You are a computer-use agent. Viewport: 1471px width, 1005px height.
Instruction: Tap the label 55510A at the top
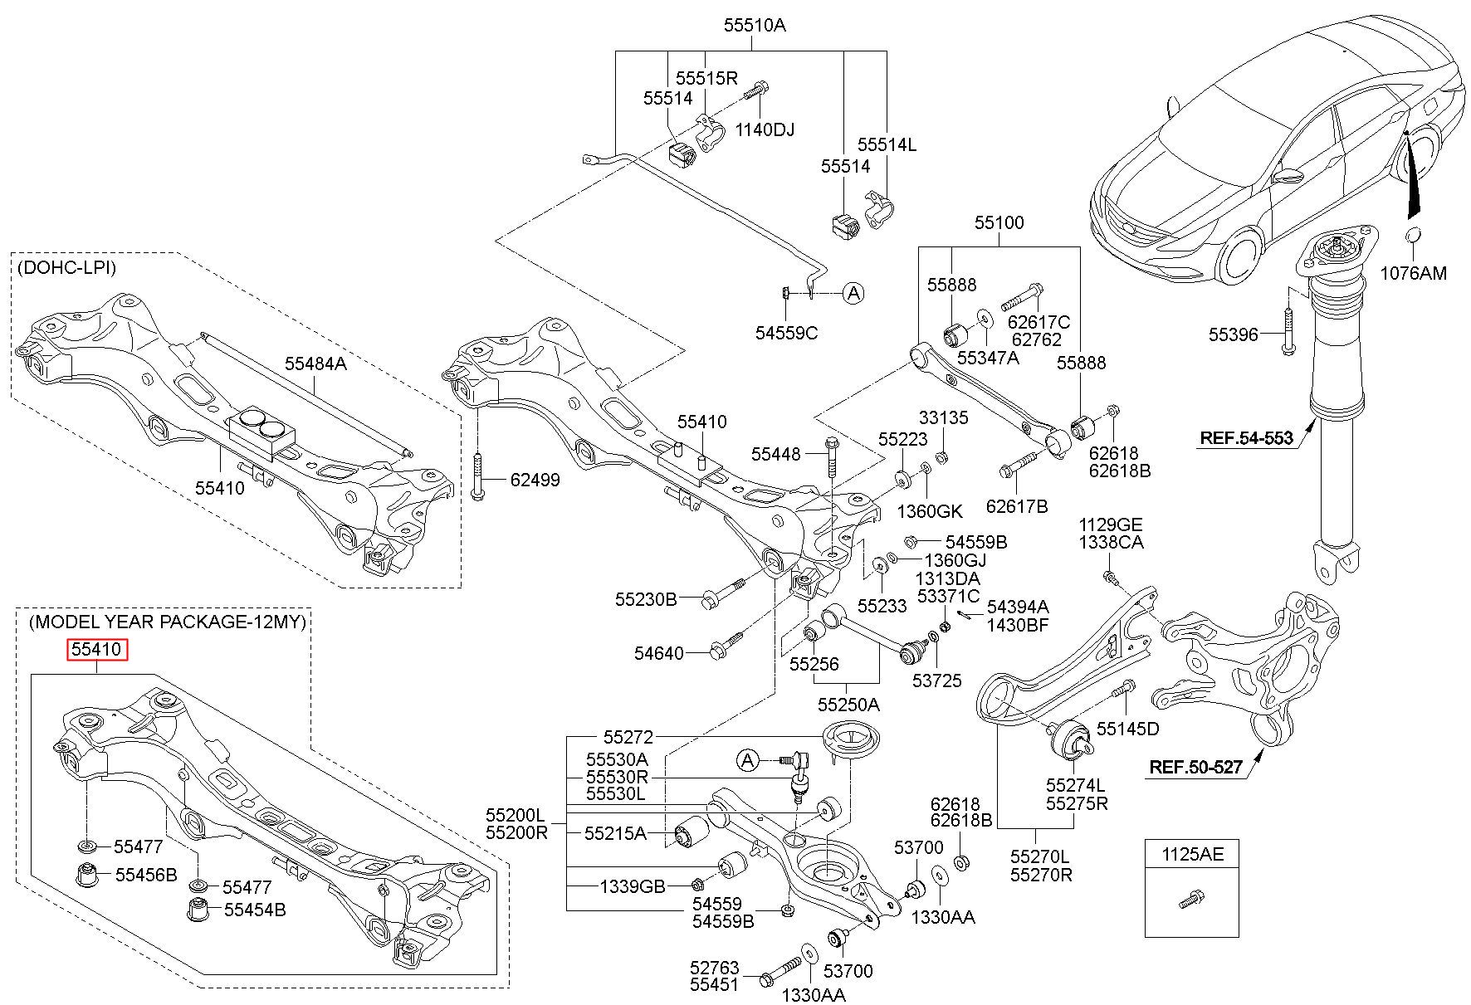point(754,26)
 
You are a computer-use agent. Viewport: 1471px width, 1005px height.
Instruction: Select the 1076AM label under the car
point(1414,273)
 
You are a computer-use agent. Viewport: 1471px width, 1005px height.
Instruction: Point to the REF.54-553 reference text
point(1246,438)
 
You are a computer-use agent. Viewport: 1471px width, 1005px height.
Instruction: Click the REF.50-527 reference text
point(1195,768)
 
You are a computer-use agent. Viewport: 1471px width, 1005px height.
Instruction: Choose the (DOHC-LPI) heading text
point(66,268)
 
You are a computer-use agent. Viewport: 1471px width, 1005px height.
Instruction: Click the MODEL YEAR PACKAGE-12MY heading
point(168,622)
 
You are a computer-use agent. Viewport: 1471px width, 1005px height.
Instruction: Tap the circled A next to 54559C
point(853,292)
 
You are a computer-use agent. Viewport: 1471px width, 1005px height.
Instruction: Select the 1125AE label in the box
point(1192,854)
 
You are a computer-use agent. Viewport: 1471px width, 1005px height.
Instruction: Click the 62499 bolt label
point(535,480)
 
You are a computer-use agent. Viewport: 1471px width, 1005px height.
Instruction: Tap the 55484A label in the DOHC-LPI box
point(315,363)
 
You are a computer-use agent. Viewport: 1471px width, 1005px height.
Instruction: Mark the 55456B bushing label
point(146,875)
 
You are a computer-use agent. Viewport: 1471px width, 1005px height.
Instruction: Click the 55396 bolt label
point(1233,334)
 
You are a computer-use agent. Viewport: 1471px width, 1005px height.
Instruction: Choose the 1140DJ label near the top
point(765,129)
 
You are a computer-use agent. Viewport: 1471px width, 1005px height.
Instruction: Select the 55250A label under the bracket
point(848,705)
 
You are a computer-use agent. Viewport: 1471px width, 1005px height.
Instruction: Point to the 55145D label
point(1127,729)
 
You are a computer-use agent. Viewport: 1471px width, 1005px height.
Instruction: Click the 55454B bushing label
point(255,910)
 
